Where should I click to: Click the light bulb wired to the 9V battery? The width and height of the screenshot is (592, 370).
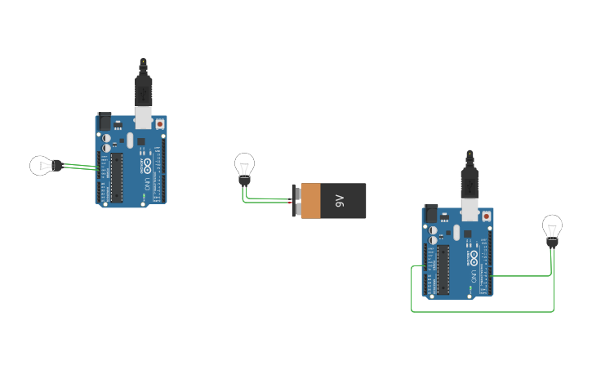pyautogui.click(x=244, y=165)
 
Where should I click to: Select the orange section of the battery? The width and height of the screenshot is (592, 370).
pyautogui.click(x=311, y=201)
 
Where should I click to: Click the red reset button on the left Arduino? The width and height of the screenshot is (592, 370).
pyautogui.click(x=159, y=124)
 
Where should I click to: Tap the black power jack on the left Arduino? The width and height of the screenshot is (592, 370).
pyautogui.click(x=105, y=122)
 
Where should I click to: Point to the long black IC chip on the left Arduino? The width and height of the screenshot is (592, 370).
pyautogui.click(x=117, y=176)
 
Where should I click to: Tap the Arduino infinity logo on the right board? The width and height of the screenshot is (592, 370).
pyautogui.click(x=474, y=257)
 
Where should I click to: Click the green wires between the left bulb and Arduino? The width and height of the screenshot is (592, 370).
pyautogui.click(x=80, y=167)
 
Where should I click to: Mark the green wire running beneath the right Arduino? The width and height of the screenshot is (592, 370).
pyautogui.click(x=482, y=310)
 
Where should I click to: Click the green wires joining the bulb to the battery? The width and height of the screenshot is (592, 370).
pyautogui.click(x=265, y=198)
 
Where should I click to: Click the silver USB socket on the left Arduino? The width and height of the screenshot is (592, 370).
pyautogui.click(x=144, y=119)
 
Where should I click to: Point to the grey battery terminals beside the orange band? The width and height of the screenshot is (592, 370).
pyautogui.click(x=297, y=201)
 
